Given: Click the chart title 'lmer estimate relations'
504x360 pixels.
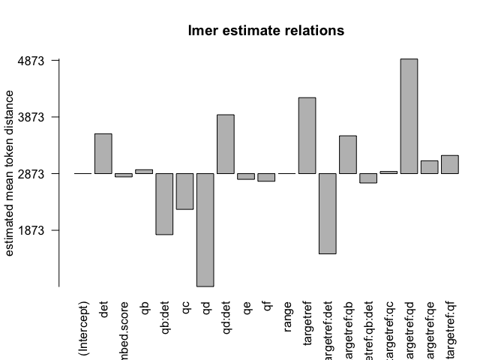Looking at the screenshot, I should (x=265, y=31).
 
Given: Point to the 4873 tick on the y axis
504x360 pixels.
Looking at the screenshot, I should (x=33, y=60).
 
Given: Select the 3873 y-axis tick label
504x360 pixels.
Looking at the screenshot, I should (x=33, y=117).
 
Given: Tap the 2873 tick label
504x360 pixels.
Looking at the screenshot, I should (x=33, y=173).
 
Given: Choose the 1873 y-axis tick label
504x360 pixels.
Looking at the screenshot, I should (x=33, y=230).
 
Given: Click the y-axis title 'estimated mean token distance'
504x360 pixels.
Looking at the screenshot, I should (x=10, y=173).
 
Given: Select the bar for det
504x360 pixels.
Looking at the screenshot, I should (x=103, y=154).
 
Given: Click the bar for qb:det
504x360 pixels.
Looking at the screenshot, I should (x=164, y=204).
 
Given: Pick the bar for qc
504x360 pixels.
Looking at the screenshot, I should (x=184, y=191).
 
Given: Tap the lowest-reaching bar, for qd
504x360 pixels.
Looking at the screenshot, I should (x=205, y=229).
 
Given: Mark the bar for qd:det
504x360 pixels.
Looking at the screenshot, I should (x=226, y=144).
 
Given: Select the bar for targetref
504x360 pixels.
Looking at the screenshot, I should (x=307, y=136).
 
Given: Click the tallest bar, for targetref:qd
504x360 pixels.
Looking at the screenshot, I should (x=409, y=116).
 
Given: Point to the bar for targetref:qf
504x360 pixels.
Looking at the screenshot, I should (x=449, y=164).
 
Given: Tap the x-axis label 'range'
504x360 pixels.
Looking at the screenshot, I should (x=287, y=316).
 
